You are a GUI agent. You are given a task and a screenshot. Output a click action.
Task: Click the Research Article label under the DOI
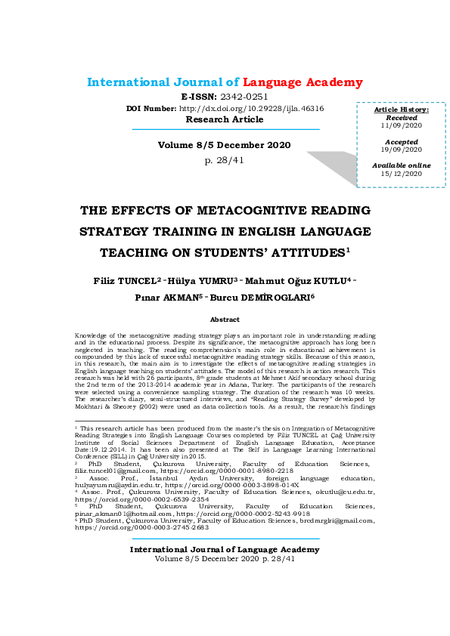coord(225,119)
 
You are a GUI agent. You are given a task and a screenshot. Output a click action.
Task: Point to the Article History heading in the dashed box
coord(402,110)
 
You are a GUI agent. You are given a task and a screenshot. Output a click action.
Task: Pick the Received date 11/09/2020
coord(402,125)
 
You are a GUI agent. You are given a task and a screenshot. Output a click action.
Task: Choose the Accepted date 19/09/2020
coord(402,150)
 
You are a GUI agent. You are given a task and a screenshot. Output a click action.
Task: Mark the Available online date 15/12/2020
coord(402,173)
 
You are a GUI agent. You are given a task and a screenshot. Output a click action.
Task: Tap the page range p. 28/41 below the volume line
coord(225,160)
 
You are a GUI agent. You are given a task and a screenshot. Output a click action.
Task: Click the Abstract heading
coord(225,320)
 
